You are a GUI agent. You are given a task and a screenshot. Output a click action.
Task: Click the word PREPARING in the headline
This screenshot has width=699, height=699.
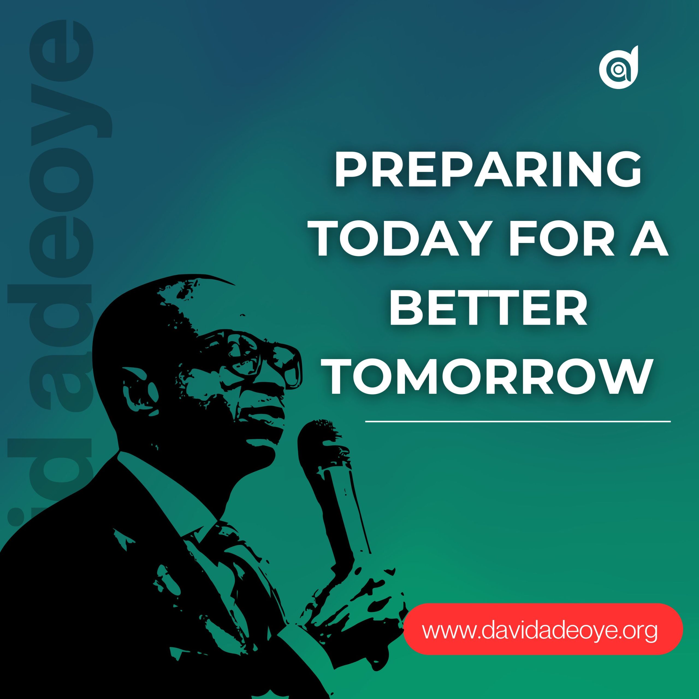(x=488, y=169)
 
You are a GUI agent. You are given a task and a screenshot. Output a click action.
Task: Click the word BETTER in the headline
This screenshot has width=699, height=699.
(x=488, y=308)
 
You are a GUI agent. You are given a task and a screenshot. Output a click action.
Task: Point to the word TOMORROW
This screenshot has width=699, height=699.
(x=488, y=377)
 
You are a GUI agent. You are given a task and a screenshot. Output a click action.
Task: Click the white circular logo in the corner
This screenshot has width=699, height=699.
(x=618, y=68)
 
